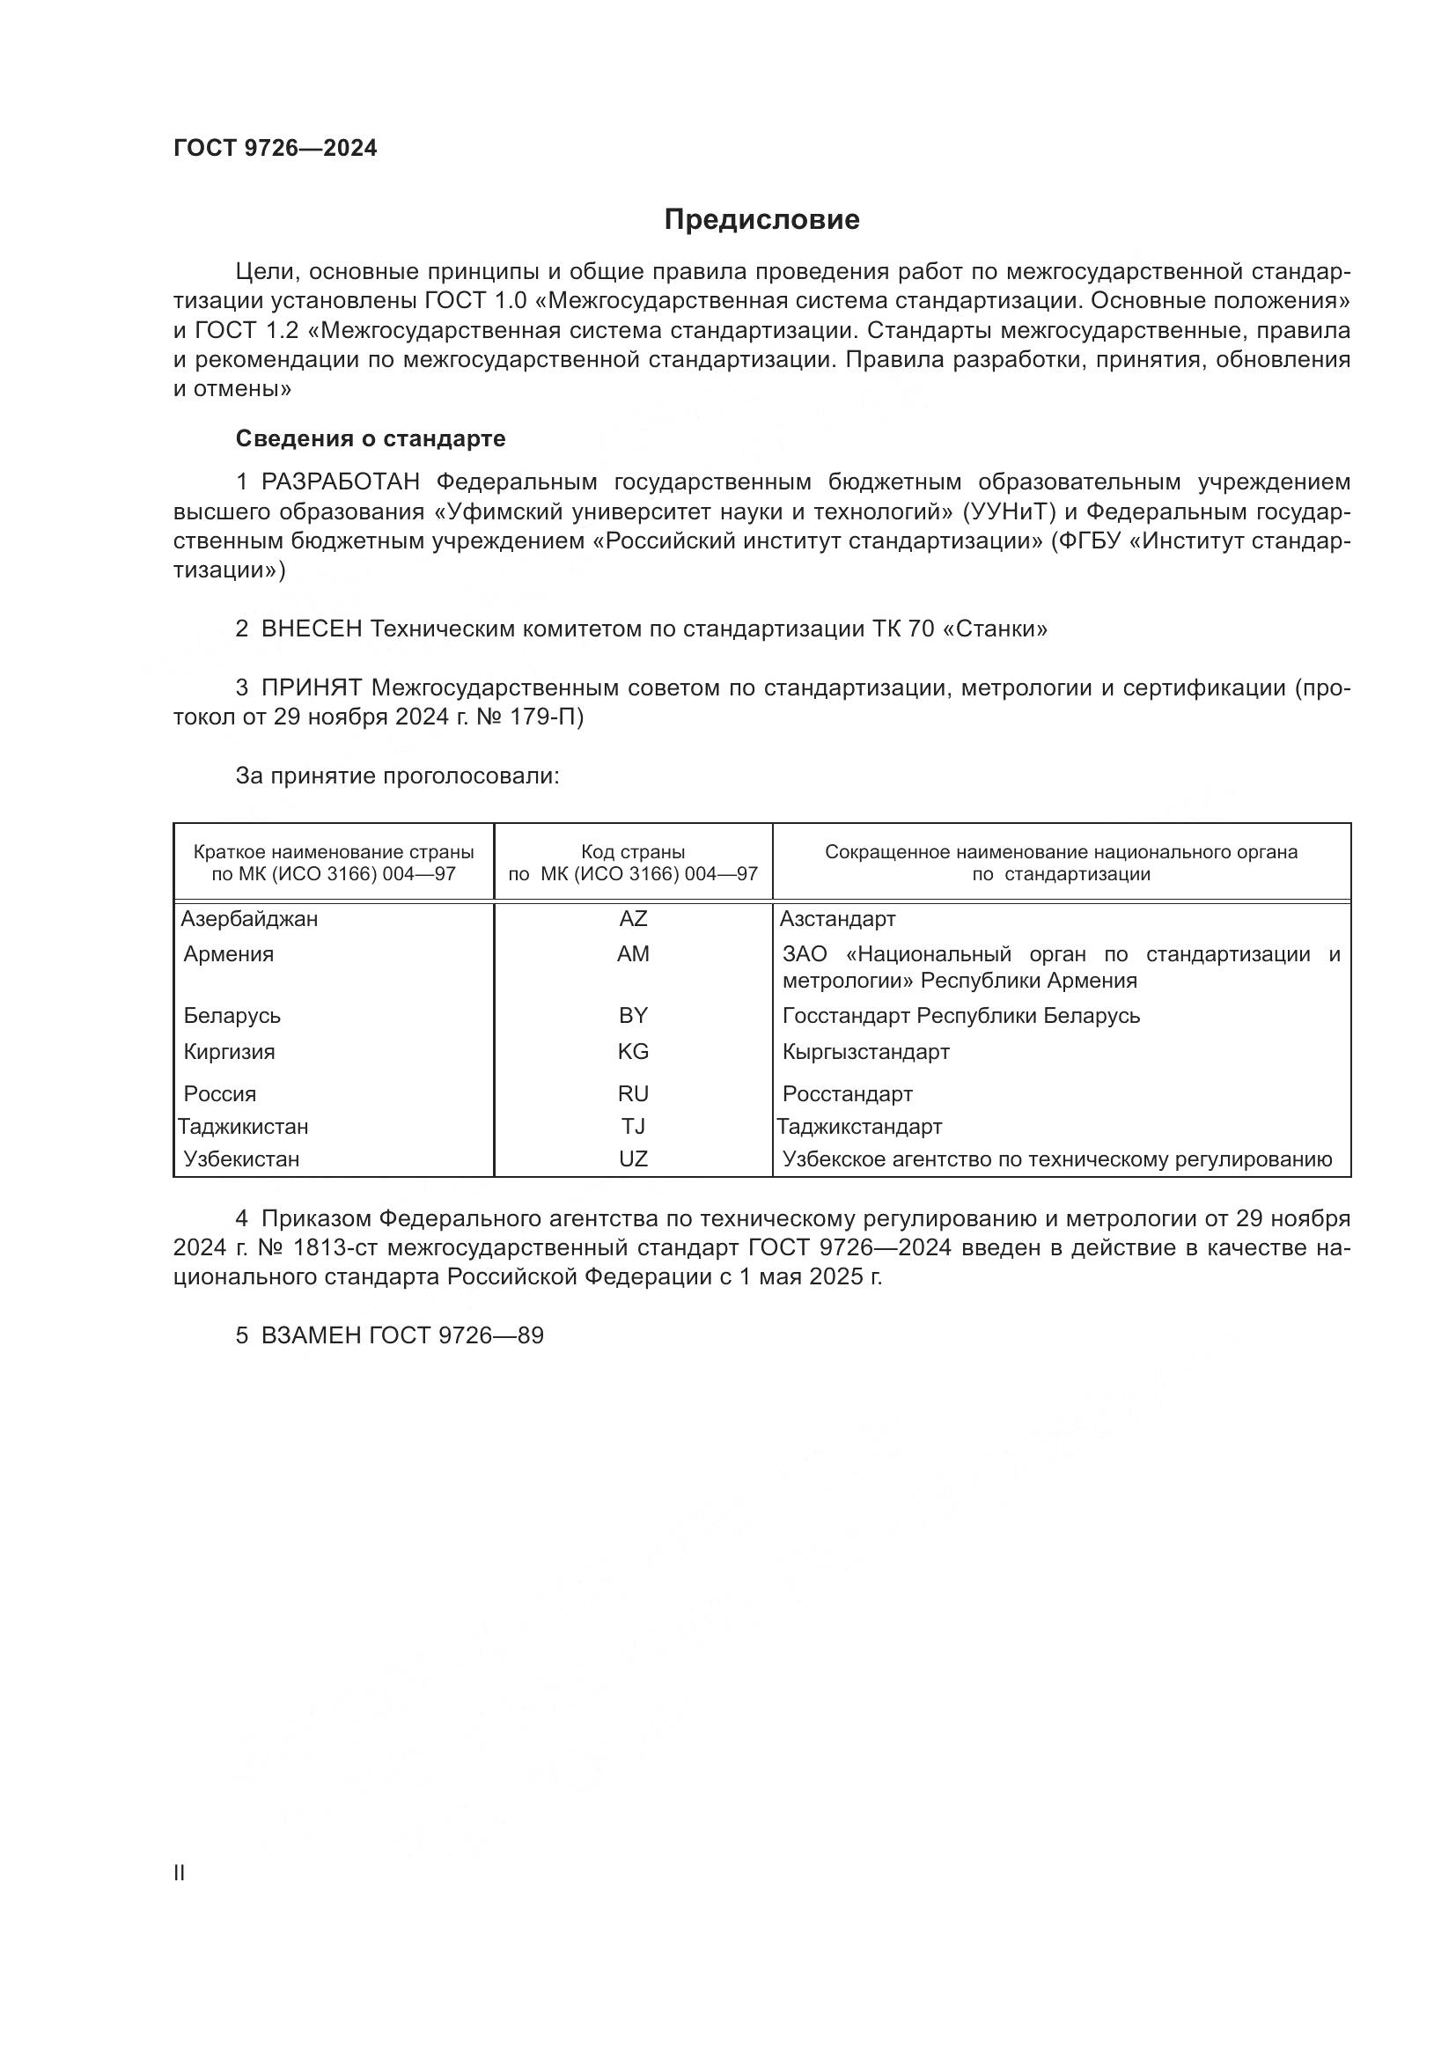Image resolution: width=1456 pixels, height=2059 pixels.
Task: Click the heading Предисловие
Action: (761, 220)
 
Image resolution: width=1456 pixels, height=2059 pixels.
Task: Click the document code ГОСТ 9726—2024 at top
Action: (276, 149)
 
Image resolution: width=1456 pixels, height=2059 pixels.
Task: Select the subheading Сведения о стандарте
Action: (371, 438)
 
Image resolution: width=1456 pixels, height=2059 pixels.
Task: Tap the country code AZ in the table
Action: (633, 918)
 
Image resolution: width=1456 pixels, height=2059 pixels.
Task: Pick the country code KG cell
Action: (633, 1051)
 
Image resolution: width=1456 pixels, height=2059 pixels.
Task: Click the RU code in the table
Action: (633, 1093)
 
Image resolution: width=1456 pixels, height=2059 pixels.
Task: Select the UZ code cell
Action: (633, 1158)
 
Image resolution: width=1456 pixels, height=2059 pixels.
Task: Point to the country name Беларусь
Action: (232, 1015)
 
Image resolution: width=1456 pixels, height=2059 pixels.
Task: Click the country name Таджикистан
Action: (243, 1126)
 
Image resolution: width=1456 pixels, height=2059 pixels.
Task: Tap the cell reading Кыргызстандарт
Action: (865, 1051)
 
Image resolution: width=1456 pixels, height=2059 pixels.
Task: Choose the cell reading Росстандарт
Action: (847, 1093)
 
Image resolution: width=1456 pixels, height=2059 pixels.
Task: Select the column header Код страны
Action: (633, 852)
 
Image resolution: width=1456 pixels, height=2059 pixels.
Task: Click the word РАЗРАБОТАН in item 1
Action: (340, 482)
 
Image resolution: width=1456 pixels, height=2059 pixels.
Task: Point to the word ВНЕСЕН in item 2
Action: (311, 629)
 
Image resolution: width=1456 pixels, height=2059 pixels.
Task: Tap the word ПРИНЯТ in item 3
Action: (311, 688)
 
